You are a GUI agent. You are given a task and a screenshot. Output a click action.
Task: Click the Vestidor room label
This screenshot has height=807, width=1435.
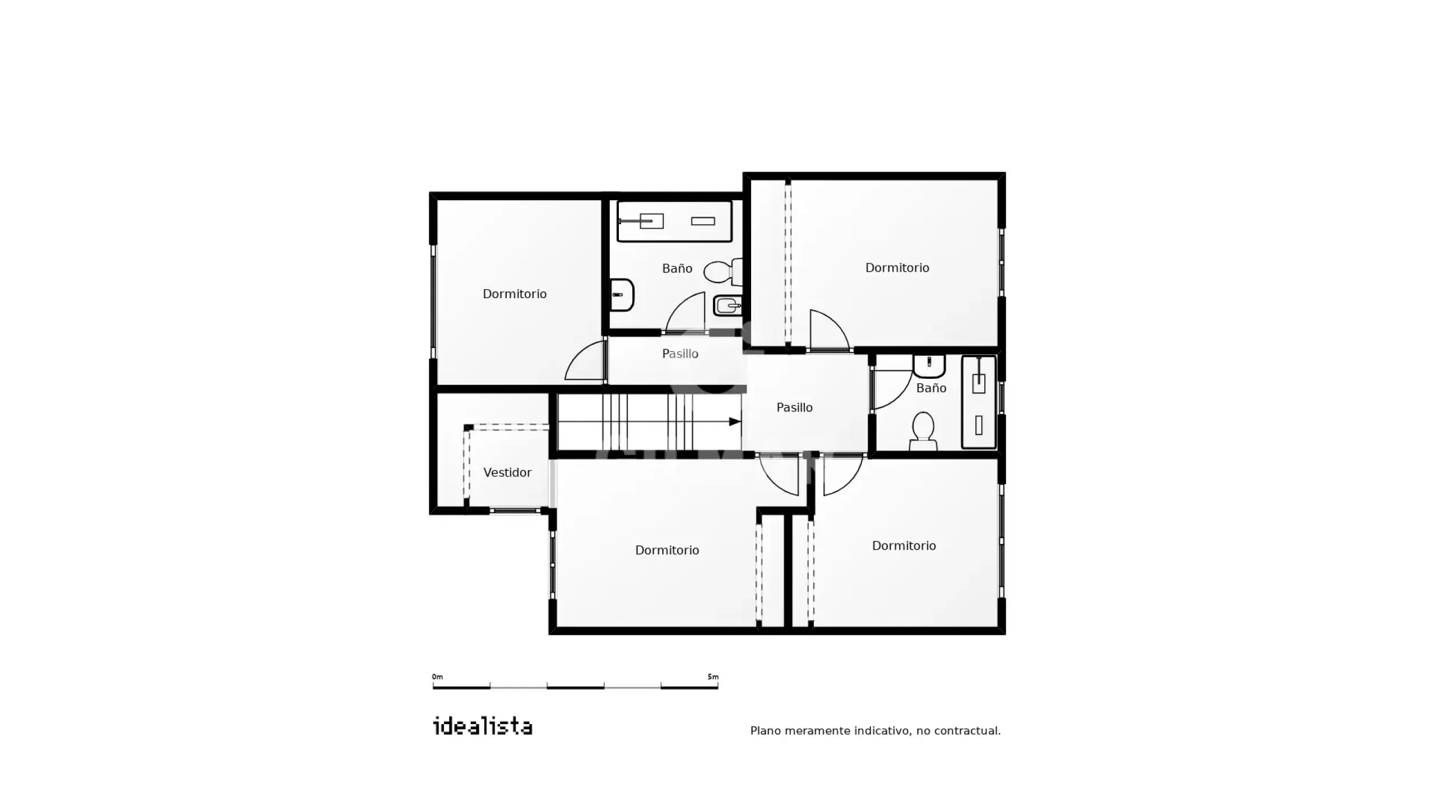click(x=507, y=472)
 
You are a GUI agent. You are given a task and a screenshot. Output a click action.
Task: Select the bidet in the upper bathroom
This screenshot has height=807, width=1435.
click(x=728, y=306)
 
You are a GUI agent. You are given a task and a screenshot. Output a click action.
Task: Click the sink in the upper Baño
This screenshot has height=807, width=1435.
click(x=622, y=295)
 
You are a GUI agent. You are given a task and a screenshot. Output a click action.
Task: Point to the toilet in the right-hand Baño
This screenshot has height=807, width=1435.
click(x=923, y=431)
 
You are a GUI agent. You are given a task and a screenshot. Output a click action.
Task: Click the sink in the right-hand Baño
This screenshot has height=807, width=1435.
click(x=929, y=367)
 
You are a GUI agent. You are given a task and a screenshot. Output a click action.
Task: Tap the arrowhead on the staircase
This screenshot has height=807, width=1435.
click(x=734, y=421)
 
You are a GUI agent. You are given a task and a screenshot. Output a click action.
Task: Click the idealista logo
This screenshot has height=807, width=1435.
click(x=483, y=726)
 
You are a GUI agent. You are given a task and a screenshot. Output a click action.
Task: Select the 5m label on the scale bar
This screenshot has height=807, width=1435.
click(x=712, y=677)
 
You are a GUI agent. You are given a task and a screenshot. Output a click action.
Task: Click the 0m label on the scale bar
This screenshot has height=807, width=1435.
click(x=437, y=677)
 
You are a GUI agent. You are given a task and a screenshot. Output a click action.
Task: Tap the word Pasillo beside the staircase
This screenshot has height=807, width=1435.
click(x=794, y=407)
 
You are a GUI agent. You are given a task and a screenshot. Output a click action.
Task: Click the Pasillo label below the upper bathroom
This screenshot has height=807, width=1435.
click(x=680, y=354)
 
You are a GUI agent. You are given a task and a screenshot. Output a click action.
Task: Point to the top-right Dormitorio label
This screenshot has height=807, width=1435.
click(x=897, y=268)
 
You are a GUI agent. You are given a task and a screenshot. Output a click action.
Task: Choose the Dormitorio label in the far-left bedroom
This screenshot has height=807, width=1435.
click(x=515, y=294)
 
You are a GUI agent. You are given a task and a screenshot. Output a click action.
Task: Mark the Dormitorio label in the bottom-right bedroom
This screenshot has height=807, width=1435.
click(x=904, y=546)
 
